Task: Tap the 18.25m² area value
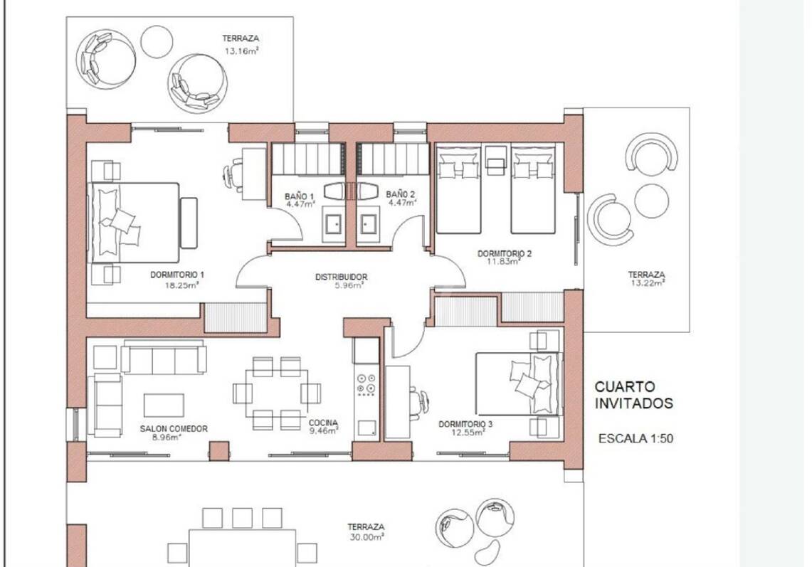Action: point(181,285)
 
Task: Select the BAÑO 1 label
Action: point(300,196)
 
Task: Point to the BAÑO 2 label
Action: point(400,195)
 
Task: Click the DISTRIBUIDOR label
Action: point(342,277)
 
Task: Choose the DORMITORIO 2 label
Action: point(505,254)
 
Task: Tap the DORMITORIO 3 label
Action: point(465,424)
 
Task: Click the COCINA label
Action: point(323,423)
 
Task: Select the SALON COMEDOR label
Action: point(174,429)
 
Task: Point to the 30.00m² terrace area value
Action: point(366,537)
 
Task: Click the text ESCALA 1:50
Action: point(636,438)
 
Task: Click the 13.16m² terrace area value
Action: point(241,51)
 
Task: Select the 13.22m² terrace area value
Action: point(648,282)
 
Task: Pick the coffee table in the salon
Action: point(164,405)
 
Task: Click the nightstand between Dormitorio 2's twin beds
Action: point(495,158)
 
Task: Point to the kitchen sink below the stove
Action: point(367,428)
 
